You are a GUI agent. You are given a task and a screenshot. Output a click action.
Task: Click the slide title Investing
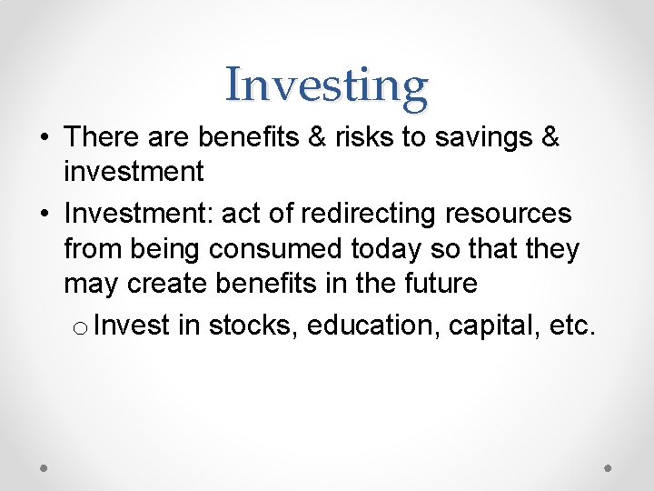tap(326, 85)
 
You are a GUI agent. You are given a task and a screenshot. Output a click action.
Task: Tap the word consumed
tap(296, 248)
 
